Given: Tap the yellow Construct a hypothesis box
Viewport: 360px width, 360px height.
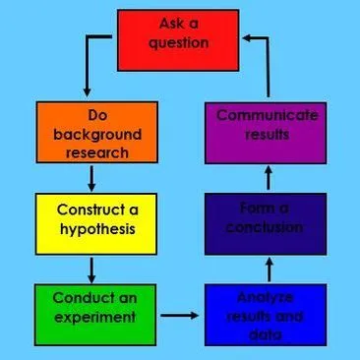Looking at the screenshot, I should [x=90, y=221].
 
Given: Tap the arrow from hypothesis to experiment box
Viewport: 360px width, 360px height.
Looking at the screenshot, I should [x=90, y=269].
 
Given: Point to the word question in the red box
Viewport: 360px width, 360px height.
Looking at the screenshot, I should [x=179, y=43].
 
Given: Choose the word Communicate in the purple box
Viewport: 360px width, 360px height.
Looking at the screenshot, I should [x=267, y=116].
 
